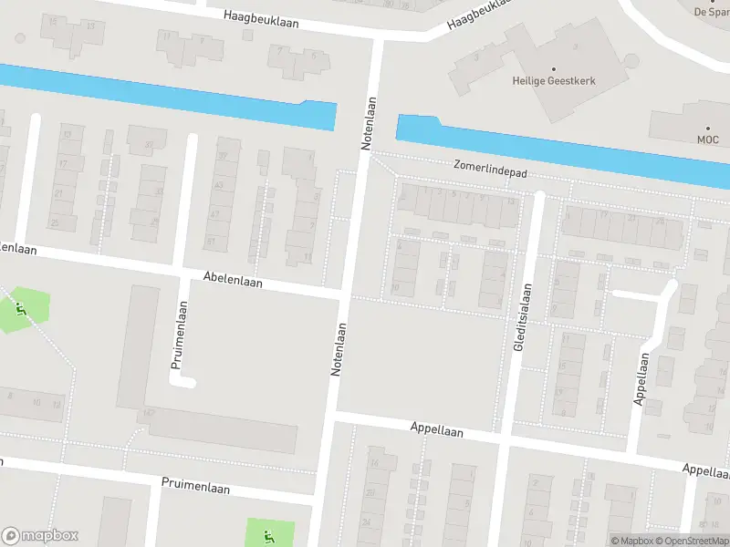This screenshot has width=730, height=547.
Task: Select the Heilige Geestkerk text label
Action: (x=553, y=80)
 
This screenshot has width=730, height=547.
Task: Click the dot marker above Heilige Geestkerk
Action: (x=553, y=68)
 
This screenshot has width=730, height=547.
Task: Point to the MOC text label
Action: (x=708, y=139)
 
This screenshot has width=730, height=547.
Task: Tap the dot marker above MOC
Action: (x=708, y=129)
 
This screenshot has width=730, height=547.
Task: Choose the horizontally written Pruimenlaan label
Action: (x=195, y=488)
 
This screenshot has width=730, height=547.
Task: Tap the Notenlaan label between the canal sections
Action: (x=369, y=124)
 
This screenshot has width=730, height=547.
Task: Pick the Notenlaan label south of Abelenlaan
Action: (x=339, y=350)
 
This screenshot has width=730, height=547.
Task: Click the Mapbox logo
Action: (x=40, y=536)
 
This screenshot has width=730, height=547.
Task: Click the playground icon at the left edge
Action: (x=20, y=309)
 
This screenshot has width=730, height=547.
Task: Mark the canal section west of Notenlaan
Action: (x=164, y=96)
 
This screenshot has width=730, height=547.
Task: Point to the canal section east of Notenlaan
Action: (x=566, y=146)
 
